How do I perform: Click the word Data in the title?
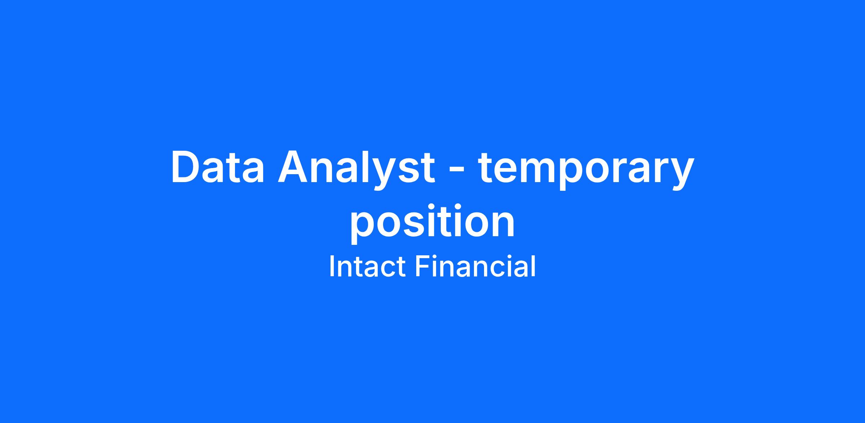click(218, 167)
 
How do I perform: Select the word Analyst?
click(356, 169)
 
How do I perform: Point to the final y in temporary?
click(680, 175)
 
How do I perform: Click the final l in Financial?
click(534, 266)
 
